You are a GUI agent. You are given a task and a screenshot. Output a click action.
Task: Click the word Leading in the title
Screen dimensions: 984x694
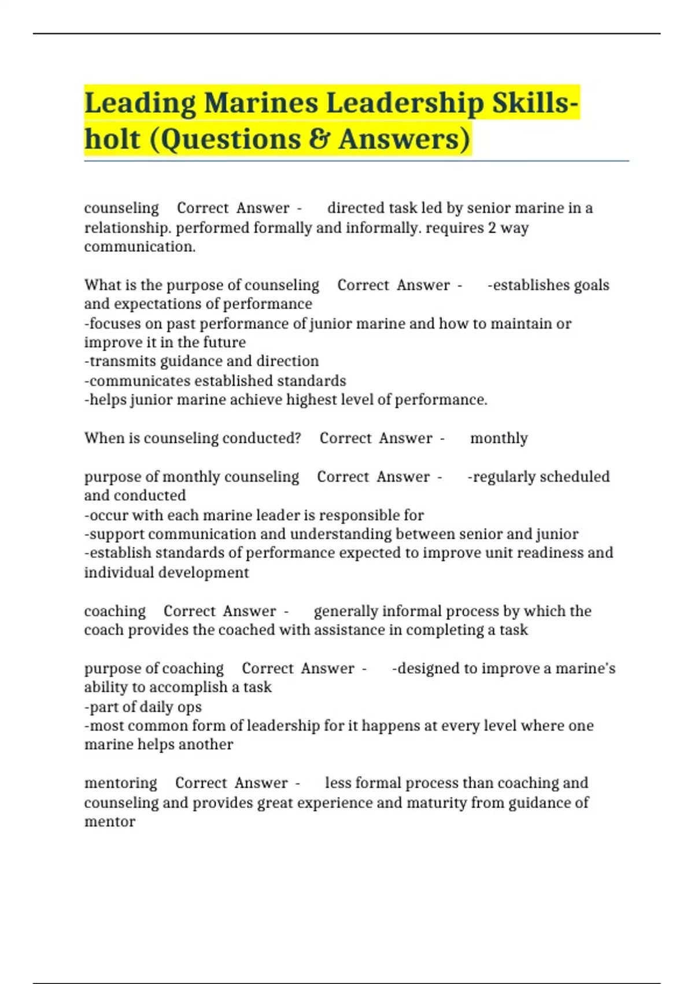(141, 104)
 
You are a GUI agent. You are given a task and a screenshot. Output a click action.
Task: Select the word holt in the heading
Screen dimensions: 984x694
(112, 139)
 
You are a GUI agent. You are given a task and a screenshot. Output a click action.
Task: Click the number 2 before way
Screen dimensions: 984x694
(492, 227)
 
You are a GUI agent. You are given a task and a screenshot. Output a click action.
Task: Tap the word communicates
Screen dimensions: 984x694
(139, 381)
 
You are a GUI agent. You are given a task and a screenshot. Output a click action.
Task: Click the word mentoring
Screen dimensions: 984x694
(120, 783)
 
